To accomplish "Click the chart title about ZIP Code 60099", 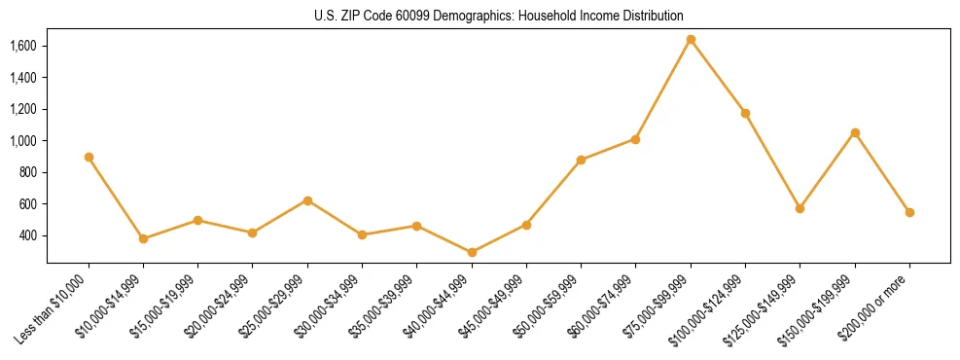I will (x=499, y=16).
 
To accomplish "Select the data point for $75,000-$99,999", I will (x=691, y=40).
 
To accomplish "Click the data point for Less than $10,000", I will (x=89, y=157).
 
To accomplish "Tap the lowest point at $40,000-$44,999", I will (x=472, y=252).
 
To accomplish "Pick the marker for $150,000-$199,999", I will (x=855, y=132).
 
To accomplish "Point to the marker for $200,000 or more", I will (x=909, y=212).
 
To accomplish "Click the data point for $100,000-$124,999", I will (x=745, y=113).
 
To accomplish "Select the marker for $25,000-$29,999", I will (x=307, y=200).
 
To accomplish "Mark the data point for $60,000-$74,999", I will (x=636, y=139).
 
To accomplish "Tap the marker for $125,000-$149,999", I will (x=800, y=208).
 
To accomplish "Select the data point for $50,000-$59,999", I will (x=581, y=160).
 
